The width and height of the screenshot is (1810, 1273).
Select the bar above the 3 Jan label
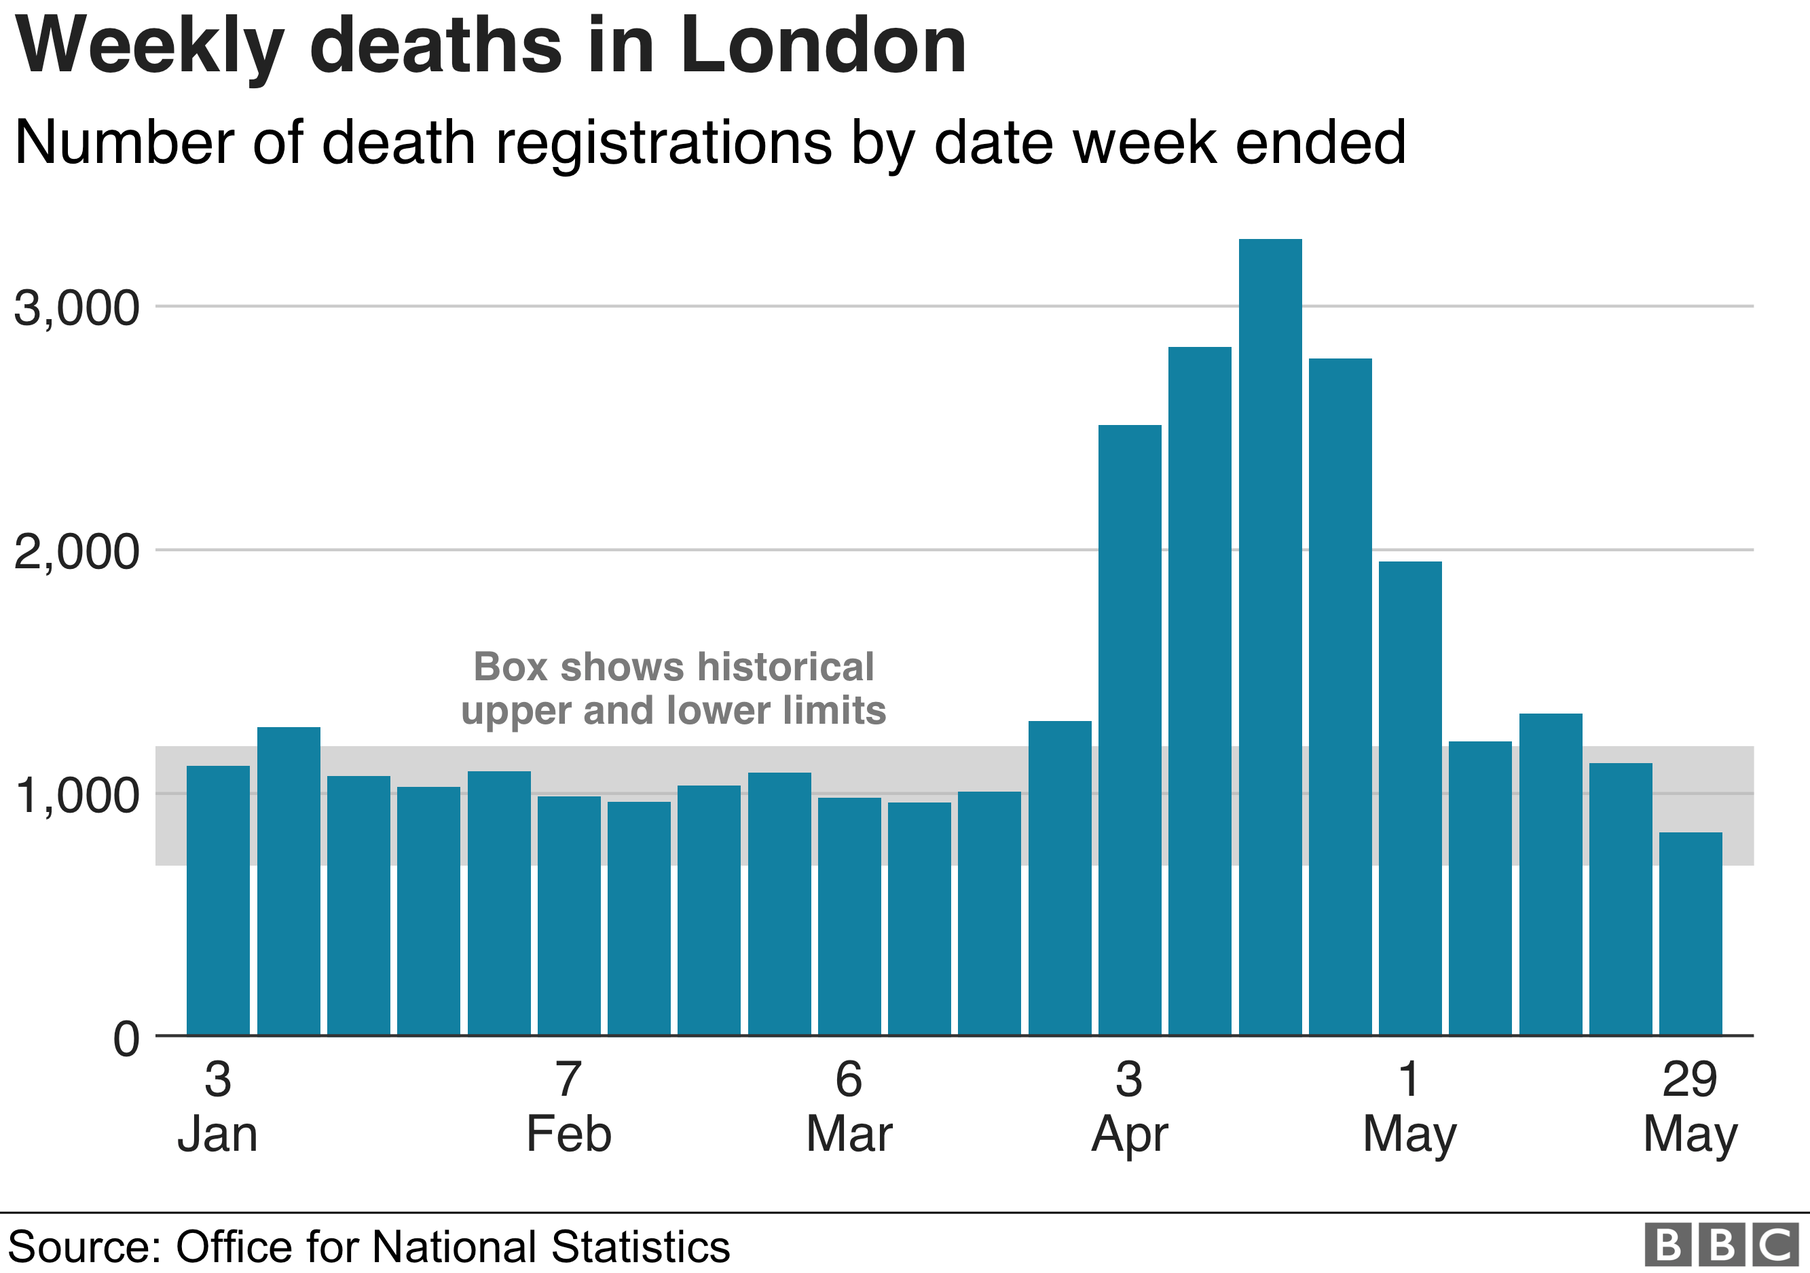[219, 900]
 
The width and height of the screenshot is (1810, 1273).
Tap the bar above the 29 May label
[1691, 934]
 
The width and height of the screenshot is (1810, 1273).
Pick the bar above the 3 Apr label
[1130, 730]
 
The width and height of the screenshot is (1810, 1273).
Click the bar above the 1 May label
[1410, 798]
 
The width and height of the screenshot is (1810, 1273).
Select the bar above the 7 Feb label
[569, 915]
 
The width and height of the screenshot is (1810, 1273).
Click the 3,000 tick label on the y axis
[77, 308]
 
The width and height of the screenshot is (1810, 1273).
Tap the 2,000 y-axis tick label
[77, 552]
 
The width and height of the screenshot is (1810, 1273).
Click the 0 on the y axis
[126, 1039]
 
